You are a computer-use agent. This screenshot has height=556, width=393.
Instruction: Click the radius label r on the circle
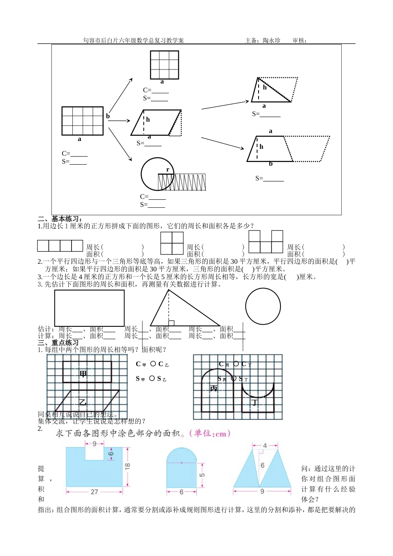[168, 170]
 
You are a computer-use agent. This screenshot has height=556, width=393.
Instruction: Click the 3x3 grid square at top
[164, 65]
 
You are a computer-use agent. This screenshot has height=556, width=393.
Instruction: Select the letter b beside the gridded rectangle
[108, 116]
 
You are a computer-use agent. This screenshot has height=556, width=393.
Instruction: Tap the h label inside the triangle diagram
[265, 87]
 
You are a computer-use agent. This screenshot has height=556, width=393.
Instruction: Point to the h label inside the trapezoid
[261, 147]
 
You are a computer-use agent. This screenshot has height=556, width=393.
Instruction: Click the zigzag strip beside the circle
[182, 182]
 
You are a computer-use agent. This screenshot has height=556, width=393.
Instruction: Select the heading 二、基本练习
[60, 219]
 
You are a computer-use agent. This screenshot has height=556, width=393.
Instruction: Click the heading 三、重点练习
[58, 343]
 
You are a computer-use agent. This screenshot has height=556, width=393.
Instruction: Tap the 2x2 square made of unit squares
[172, 243]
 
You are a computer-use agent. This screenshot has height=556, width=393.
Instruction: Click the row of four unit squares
[60, 246]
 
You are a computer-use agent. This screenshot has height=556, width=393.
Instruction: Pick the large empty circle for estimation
[263, 307]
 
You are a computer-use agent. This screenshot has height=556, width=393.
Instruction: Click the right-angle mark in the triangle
[171, 323]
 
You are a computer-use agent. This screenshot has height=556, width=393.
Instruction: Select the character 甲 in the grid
[84, 374]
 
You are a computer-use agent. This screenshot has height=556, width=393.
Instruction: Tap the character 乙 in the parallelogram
[83, 402]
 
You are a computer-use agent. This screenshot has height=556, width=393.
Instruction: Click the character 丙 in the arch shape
[214, 388]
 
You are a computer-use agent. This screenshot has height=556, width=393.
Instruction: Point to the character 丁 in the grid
[255, 402]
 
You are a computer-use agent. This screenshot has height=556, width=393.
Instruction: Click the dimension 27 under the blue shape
[94, 492]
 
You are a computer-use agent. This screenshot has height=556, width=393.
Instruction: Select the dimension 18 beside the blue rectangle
[127, 465]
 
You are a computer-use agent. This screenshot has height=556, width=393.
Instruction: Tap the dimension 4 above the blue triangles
[265, 446]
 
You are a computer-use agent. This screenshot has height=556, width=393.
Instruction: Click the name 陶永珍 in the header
[271, 41]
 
